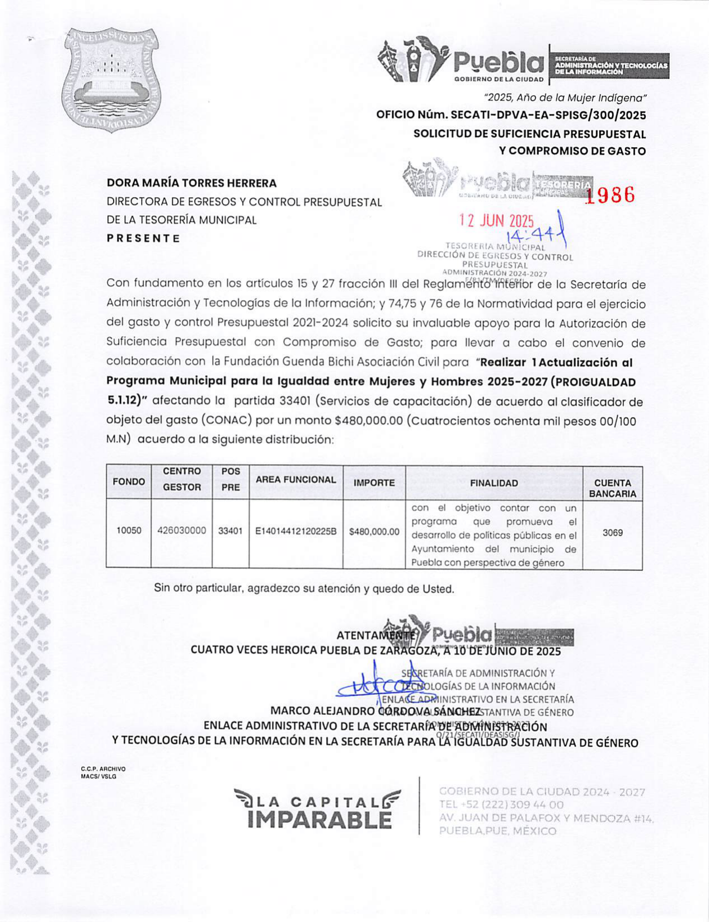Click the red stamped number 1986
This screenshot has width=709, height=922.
pyautogui.click(x=611, y=195)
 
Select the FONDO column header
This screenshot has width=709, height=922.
pyautogui.click(x=129, y=482)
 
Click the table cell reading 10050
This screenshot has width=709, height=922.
pyautogui.click(x=129, y=531)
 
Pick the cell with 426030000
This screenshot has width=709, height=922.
pyautogui.click(x=181, y=531)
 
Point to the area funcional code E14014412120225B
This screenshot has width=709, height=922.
pyautogui.click(x=295, y=531)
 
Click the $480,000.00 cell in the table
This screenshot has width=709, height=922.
pyautogui.click(x=374, y=531)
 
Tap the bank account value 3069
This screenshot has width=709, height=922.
pyautogui.click(x=612, y=533)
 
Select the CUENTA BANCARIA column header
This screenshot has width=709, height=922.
pyautogui.click(x=612, y=488)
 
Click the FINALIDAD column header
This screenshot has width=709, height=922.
pyautogui.click(x=494, y=483)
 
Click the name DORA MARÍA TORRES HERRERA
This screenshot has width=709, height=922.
pyautogui.click(x=191, y=183)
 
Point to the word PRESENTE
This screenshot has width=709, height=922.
pyautogui.click(x=143, y=238)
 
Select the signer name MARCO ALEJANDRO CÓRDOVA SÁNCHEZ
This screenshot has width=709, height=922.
pyautogui.click(x=375, y=711)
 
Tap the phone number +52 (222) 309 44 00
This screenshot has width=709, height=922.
pyautogui.click(x=501, y=805)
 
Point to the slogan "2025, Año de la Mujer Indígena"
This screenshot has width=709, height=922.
pyautogui.click(x=565, y=98)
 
